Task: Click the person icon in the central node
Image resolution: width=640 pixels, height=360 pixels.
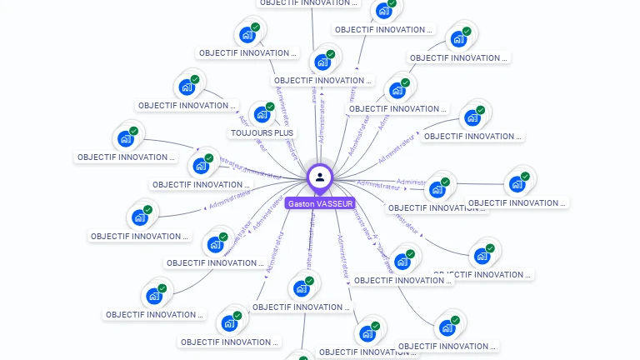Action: click(320, 177)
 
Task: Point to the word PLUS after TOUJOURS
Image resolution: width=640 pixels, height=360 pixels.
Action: click(283, 132)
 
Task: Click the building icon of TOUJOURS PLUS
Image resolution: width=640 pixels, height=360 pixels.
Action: click(261, 114)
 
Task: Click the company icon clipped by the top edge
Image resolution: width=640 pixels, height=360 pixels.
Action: click(383, 10)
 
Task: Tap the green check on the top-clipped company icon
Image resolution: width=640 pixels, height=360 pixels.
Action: click(392, 3)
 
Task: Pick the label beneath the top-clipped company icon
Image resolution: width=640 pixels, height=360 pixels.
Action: click(384, 29)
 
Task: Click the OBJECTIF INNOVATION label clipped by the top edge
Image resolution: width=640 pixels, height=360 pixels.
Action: click(305, 2)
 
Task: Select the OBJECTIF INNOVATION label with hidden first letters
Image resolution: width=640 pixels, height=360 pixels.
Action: click(483, 274)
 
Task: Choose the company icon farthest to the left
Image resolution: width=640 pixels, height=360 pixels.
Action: click(126, 137)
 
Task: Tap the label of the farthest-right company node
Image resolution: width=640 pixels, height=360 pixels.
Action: click(517, 202)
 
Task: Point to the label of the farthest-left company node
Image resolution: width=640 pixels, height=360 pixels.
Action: click(126, 157)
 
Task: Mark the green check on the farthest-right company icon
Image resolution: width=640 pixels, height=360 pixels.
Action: click(526, 176)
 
